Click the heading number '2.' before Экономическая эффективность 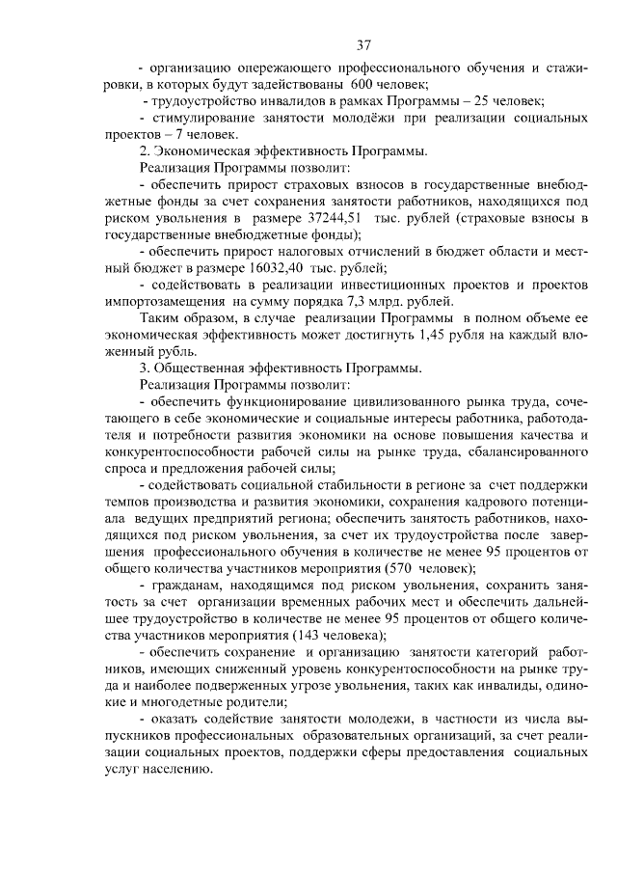[146, 150]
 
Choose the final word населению [174, 770]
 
